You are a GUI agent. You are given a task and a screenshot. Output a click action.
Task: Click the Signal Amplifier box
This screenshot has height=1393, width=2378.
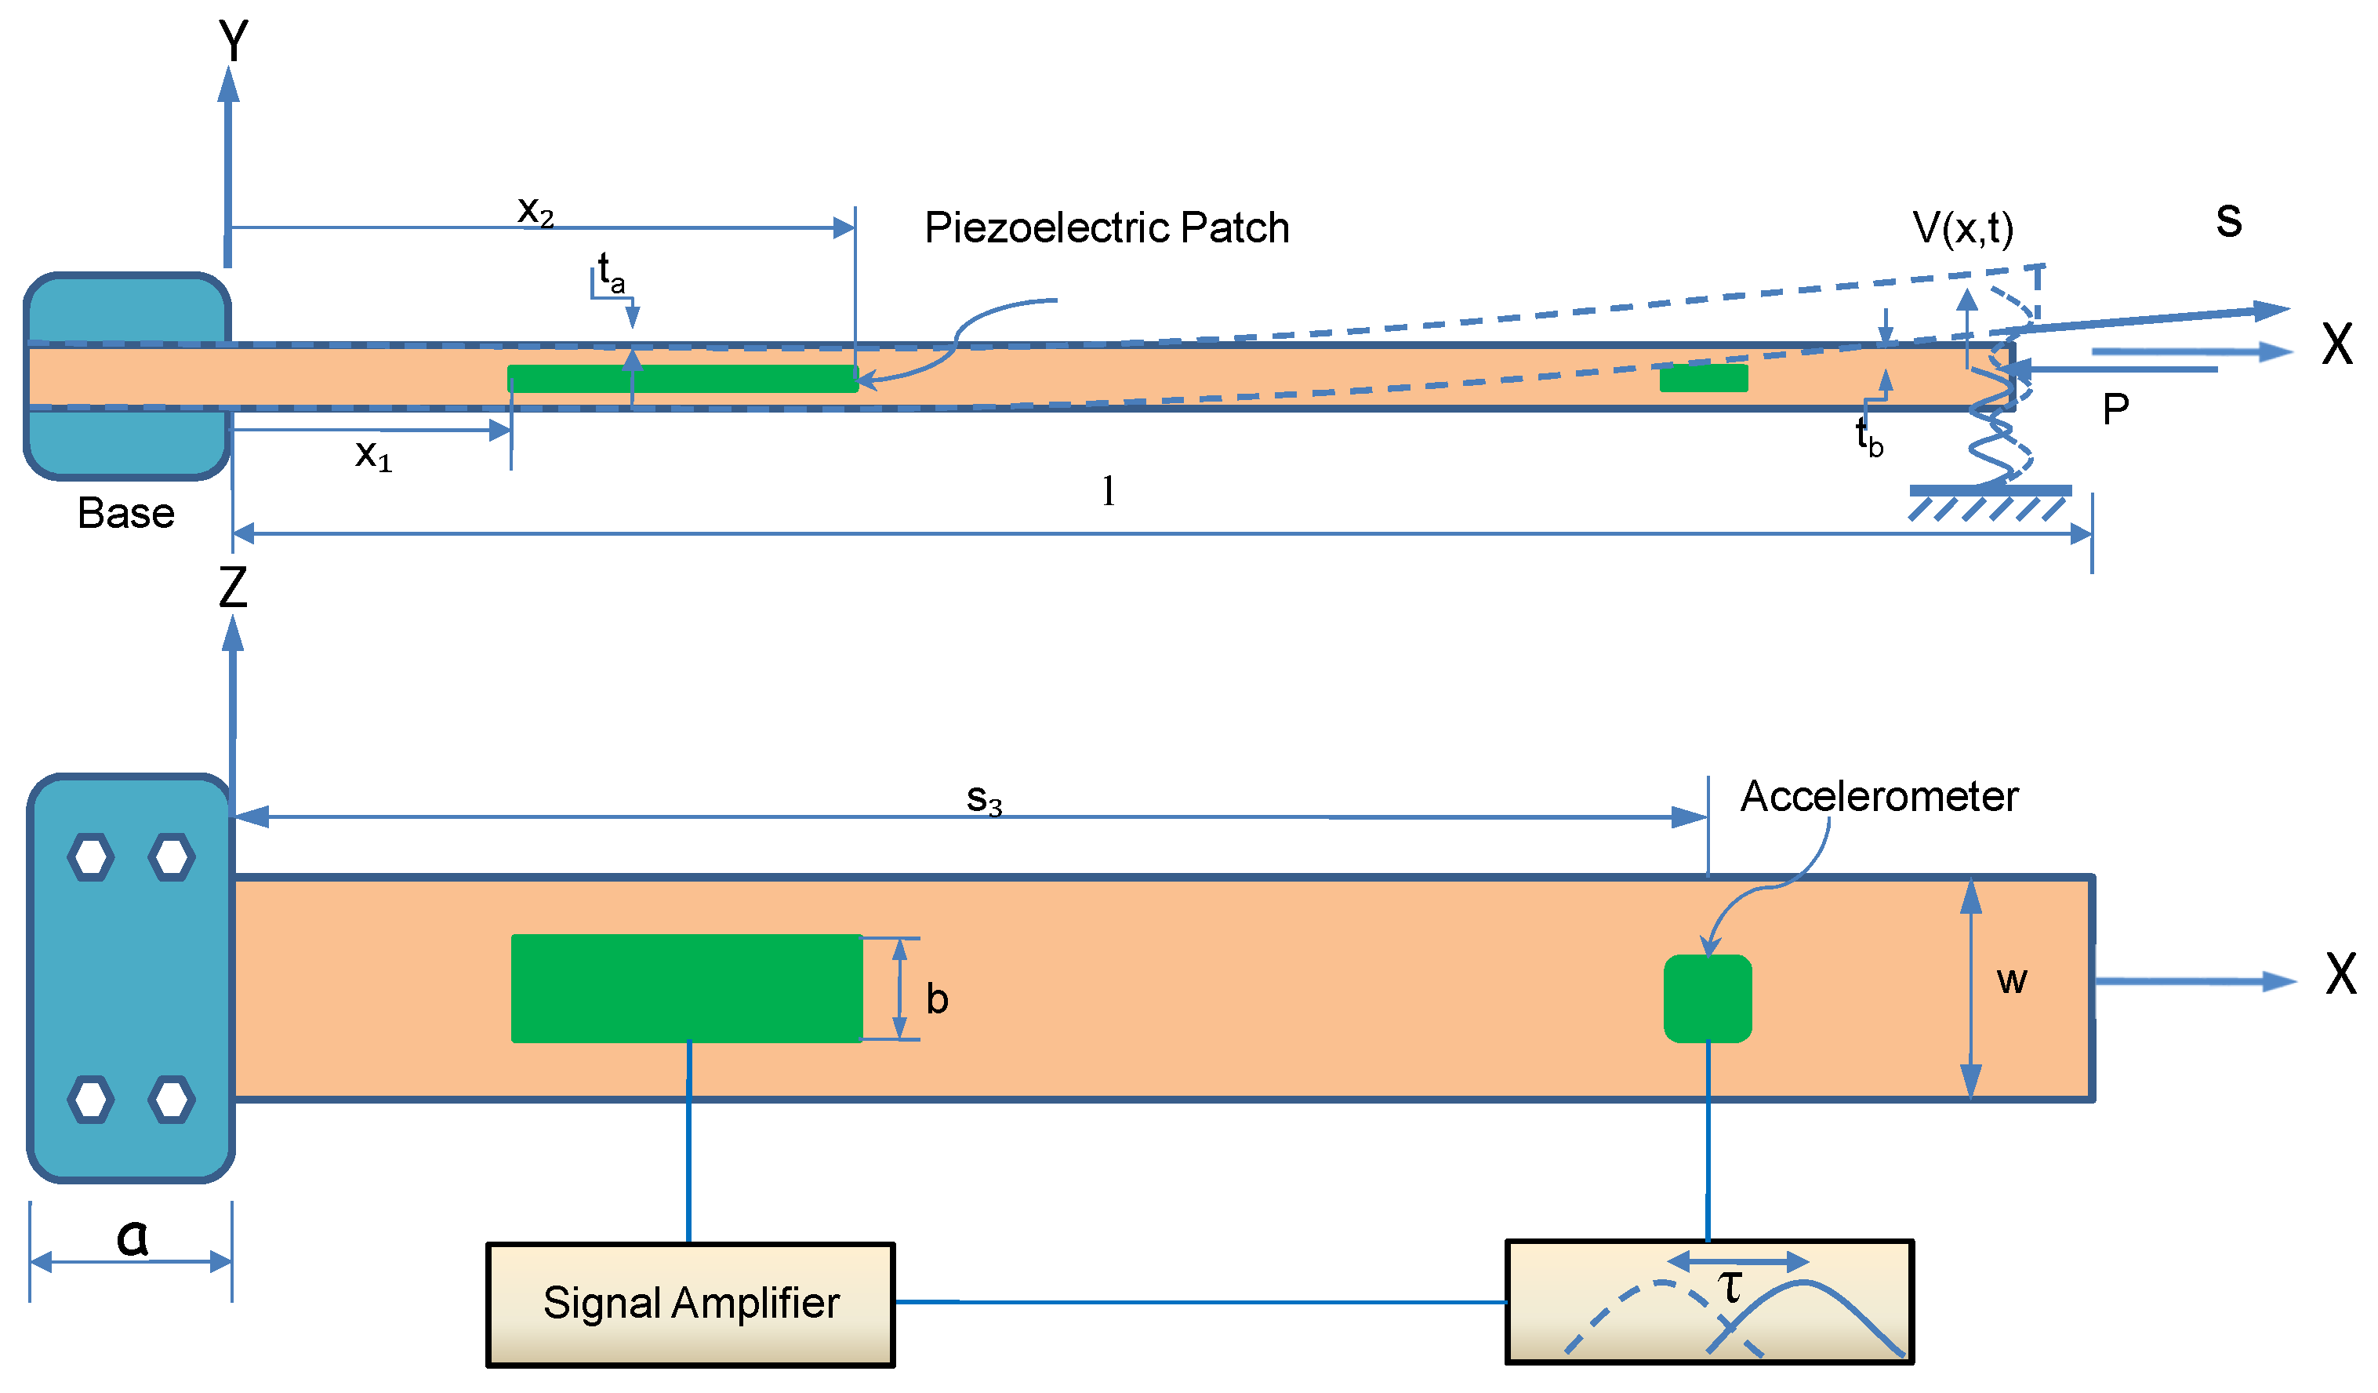pos(690,1304)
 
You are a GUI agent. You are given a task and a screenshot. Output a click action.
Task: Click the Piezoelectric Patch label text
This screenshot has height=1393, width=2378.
pos(1106,228)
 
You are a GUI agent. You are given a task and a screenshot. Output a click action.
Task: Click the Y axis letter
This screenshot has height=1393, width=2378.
pos(233,42)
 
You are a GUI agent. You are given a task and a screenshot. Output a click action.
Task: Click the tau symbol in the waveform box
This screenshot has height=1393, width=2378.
pos(1730,1287)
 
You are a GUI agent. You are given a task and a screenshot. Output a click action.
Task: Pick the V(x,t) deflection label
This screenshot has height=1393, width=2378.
pos(1962,228)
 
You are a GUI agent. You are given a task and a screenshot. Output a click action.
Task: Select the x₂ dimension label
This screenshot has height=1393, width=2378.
pos(535,210)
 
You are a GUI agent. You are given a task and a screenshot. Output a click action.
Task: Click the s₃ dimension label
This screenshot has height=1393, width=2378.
pos(983,800)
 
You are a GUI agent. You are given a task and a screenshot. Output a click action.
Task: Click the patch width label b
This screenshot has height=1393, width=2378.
pos(936,999)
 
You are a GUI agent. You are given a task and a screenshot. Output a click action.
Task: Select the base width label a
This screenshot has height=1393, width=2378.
pos(132,1237)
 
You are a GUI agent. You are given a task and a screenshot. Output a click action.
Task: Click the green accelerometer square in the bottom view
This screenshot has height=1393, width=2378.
pos(1707,998)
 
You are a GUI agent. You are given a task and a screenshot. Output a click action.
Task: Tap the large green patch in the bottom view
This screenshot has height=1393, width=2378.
pos(686,988)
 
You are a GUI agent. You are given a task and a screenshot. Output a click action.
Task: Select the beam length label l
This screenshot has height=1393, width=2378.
pos(1108,492)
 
